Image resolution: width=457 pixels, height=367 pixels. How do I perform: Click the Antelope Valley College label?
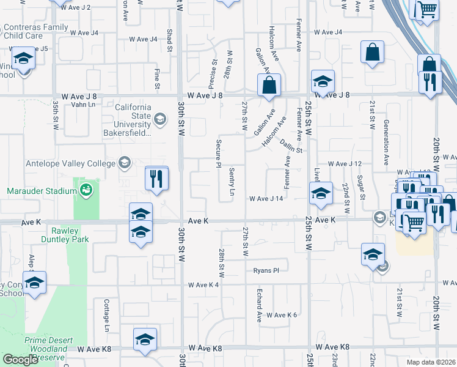[x=70, y=163]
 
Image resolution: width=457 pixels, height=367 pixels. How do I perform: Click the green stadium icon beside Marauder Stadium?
[x=86, y=190]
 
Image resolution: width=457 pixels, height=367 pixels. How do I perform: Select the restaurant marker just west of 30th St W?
[x=157, y=179]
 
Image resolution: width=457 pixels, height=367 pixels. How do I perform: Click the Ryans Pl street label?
[x=266, y=270]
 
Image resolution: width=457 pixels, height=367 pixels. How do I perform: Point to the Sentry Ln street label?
[x=232, y=181]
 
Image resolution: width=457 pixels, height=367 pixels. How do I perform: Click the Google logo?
[x=21, y=360]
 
